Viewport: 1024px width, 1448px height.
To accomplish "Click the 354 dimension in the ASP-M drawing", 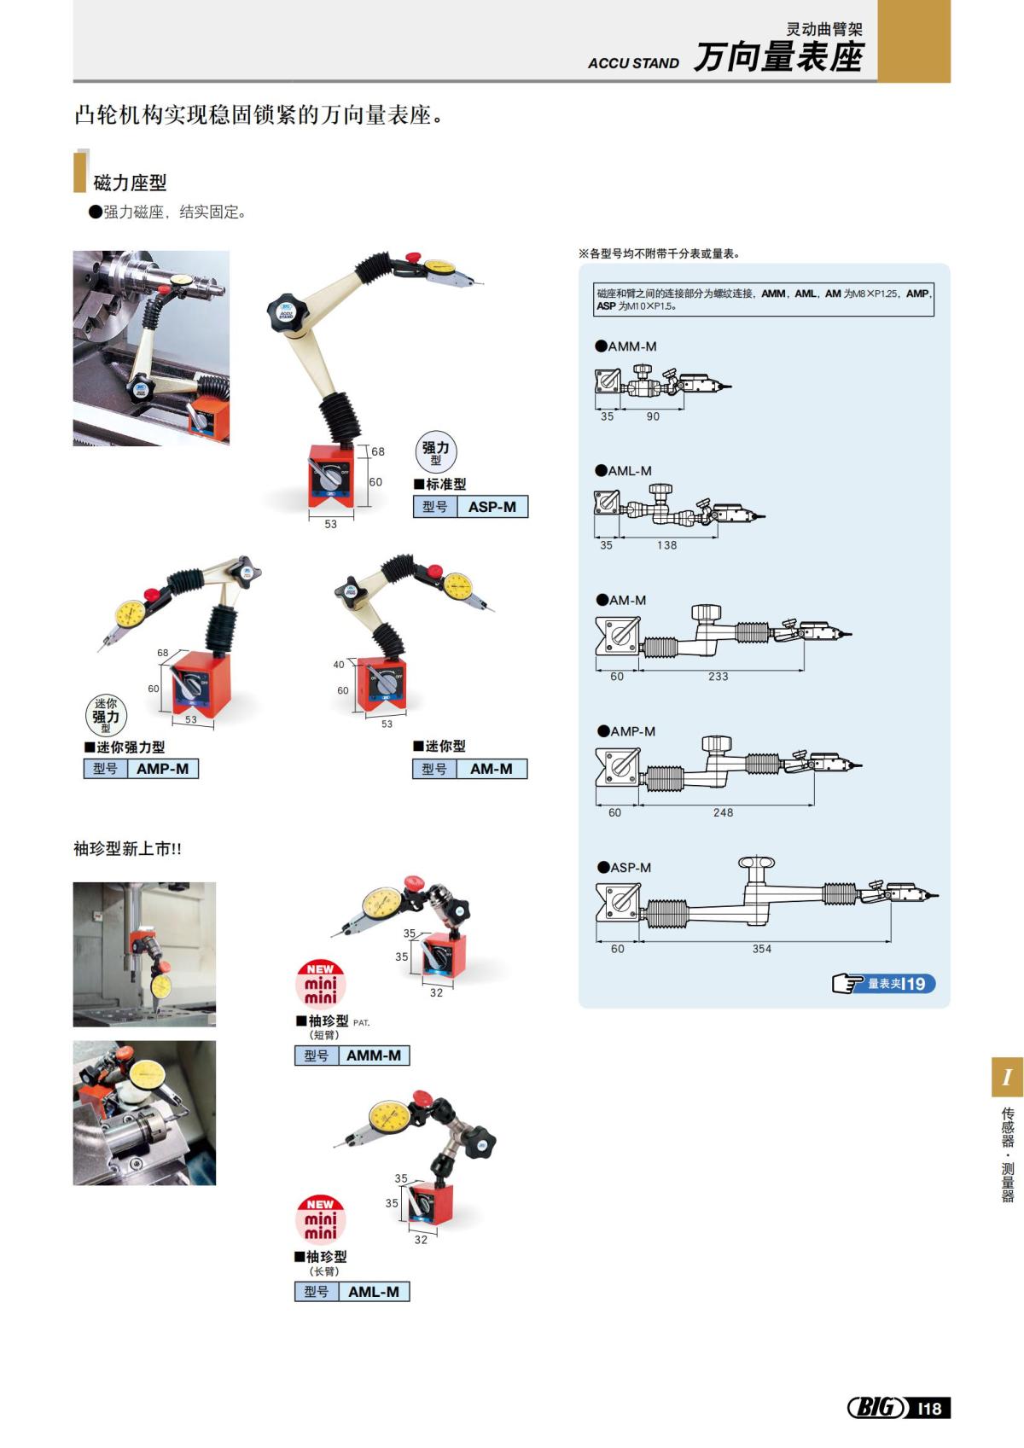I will [x=762, y=949].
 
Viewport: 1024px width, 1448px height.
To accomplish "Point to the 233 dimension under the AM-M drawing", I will [x=719, y=677].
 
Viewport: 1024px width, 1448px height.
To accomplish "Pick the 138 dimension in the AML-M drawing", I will [x=666, y=545].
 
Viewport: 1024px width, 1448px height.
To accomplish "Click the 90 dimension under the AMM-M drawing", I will [x=653, y=416].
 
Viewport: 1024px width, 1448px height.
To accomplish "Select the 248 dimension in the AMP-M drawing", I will [x=723, y=813].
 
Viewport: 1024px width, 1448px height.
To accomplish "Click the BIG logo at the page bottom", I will [x=876, y=1408].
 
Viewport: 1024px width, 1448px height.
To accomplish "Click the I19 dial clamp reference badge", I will [x=884, y=984].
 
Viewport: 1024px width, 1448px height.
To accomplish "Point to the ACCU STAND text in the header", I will [x=633, y=63].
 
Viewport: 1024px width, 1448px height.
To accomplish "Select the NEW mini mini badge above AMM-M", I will [x=321, y=983].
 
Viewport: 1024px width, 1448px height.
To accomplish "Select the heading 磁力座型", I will [x=130, y=183].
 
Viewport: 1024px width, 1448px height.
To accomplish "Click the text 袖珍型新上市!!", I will [x=128, y=849].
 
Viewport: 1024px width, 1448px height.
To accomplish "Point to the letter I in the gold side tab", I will [x=1007, y=1078].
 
